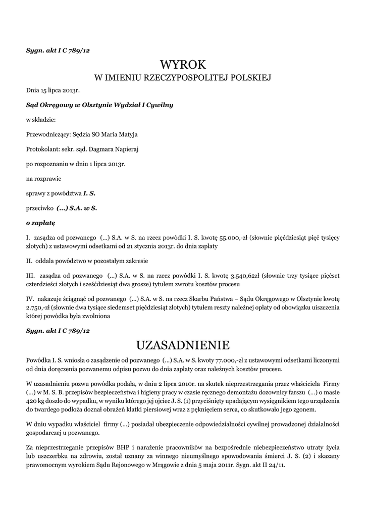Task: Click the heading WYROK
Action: point(183,65)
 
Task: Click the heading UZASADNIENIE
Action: point(183,345)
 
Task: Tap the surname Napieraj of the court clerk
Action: point(125,150)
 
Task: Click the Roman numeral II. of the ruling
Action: point(29,261)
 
